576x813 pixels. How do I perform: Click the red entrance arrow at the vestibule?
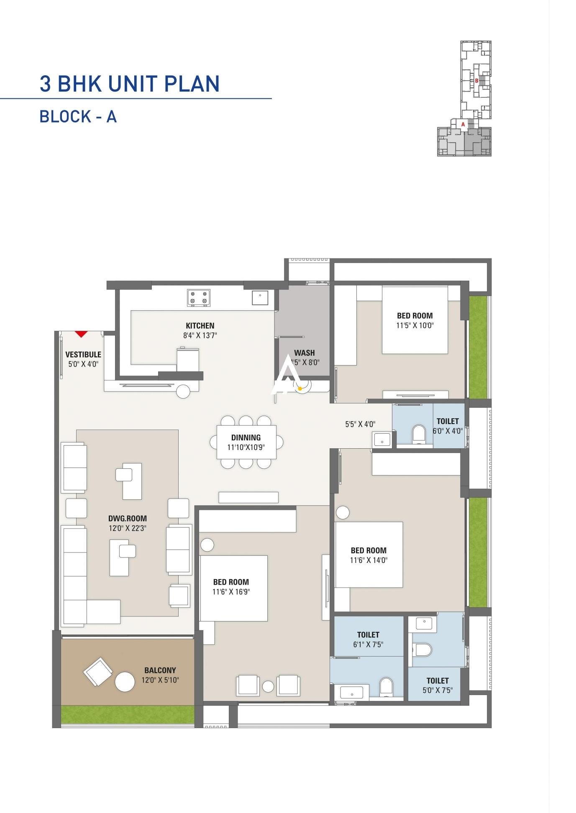[x=81, y=334]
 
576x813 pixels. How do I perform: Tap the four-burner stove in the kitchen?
[x=199, y=297]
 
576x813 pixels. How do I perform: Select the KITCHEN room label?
[x=200, y=325]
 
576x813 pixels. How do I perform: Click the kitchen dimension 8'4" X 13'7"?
[x=200, y=335]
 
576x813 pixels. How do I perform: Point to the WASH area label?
[x=304, y=353]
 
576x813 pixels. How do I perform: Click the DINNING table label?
[x=246, y=437]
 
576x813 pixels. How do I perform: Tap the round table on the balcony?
[x=125, y=682]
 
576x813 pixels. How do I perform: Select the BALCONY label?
[x=160, y=670]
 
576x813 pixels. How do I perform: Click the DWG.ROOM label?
[x=128, y=519]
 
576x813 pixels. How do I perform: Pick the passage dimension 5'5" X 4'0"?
[x=360, y=424]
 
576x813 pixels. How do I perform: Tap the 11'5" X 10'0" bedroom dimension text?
[x=415, y=325]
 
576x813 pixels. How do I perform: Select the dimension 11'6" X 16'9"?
[x=231, y=591]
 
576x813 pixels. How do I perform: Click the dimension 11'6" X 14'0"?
[x=369, y=560]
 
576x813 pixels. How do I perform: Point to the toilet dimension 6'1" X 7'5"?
[x=368, y=644]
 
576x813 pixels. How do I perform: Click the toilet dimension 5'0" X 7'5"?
[x=438, y=690]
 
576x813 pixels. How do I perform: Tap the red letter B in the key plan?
[x=476, y=81]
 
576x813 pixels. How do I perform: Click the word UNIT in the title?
[x=133, y=84]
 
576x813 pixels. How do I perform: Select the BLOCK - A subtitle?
[x=78, y=116]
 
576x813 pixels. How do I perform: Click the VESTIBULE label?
[x=83, y=354]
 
